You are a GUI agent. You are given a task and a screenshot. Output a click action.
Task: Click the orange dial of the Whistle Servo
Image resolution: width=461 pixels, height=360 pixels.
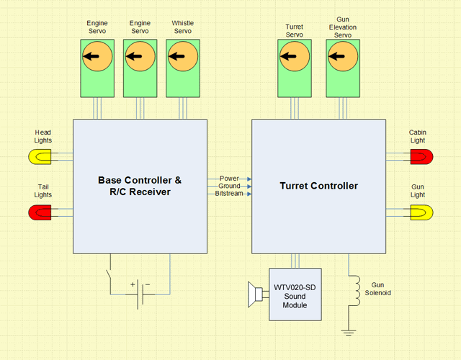coord(183,57)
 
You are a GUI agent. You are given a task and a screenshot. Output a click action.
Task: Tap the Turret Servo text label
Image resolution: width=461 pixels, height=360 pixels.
coord(294,31)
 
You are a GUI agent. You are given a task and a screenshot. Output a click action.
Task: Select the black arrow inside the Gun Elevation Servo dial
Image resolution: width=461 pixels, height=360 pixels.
coord(337,57)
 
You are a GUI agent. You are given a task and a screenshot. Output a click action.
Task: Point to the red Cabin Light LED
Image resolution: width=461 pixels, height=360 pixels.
coord(421,156)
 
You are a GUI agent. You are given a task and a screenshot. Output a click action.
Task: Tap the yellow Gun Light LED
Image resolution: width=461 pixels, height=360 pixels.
coord(421,212)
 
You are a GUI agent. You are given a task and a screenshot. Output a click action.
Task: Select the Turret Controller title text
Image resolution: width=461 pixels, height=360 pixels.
coord(318,186)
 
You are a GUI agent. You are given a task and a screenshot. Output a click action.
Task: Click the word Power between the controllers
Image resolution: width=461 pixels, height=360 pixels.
coord(228,178)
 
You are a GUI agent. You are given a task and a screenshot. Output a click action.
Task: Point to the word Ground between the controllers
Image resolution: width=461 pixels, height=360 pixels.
coord(228,186)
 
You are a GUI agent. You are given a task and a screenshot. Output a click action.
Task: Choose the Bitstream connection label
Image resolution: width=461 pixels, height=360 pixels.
coord(228,194)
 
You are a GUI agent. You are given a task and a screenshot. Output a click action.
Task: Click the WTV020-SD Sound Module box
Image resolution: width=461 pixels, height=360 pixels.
coord(295,294)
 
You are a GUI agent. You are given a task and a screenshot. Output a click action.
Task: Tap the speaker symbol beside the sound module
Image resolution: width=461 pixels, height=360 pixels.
coord(254,294)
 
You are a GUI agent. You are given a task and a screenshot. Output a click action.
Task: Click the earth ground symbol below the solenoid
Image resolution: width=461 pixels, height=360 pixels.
coord(349,332)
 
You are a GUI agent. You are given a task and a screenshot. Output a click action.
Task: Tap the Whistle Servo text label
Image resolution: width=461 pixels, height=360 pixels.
coord(183,27)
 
